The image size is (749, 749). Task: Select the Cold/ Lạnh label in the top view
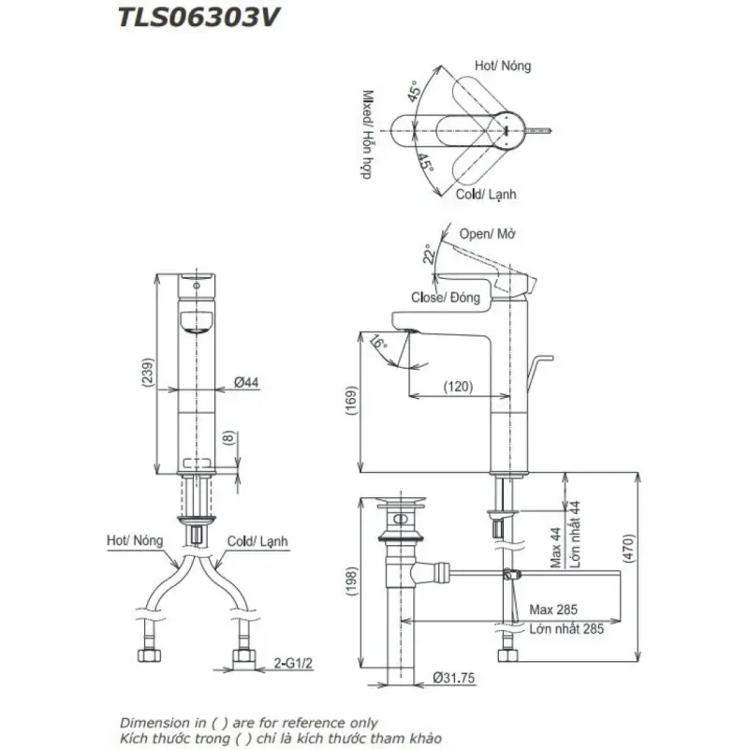tap(486, 195)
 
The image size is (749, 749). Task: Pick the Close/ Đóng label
tap(446, 298)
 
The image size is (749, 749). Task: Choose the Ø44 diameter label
tap(247, 382)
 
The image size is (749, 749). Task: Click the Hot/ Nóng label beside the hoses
tap(135, 541)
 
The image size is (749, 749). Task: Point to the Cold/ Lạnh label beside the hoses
tap(257, 541)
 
